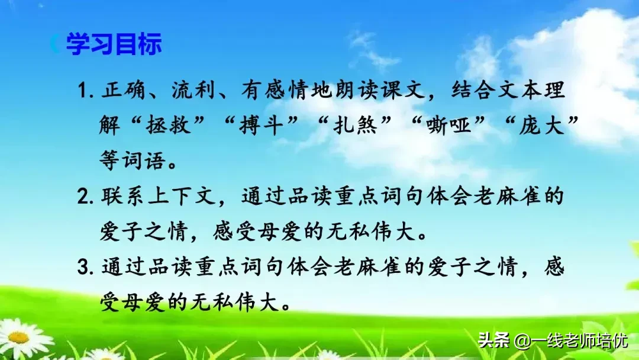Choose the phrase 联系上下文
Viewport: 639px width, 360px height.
160,197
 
